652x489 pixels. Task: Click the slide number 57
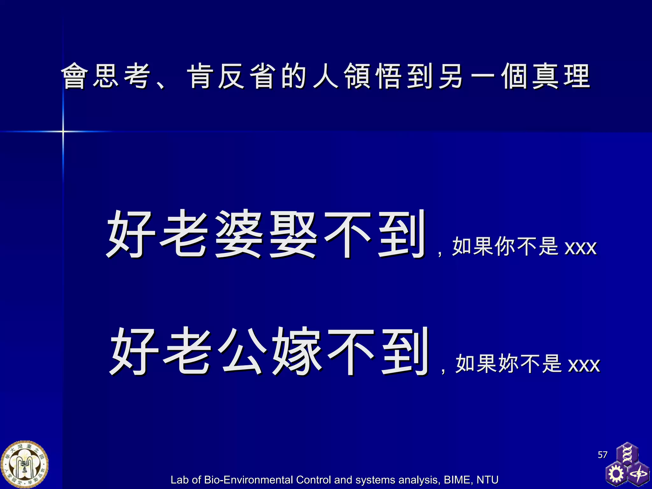602,455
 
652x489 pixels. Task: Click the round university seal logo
25,464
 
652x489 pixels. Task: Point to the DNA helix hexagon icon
627,454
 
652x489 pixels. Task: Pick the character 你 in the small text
506,246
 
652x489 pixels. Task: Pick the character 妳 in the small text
509,363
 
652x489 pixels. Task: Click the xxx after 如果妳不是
584,365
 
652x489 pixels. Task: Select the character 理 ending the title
577,76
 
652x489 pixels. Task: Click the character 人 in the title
325,76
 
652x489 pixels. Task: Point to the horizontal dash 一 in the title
483,76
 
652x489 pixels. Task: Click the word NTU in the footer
487,480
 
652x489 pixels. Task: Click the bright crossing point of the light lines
63,131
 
